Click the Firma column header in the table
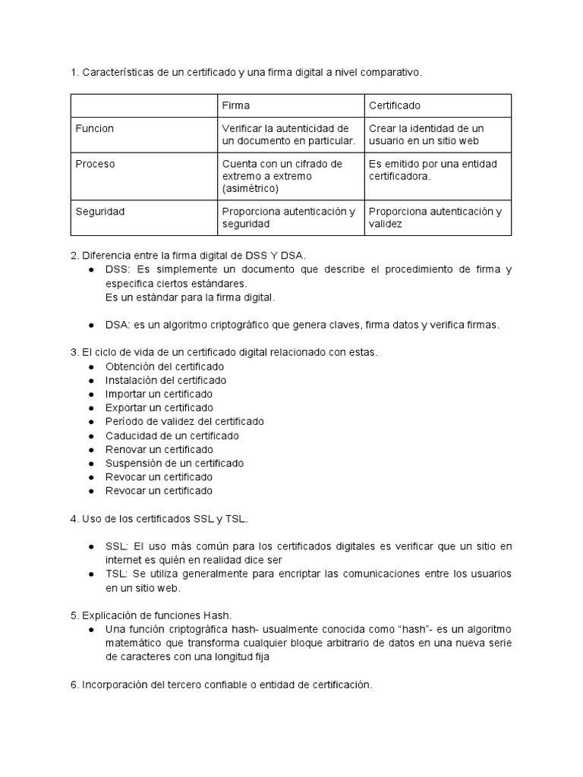point(235,105)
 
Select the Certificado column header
point(394,105)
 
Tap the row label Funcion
point(95,128)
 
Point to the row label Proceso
point(96,164)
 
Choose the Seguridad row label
point(99,212)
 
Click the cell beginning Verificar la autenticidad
point(288,134)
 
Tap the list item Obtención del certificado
point(159,366)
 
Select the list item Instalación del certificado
point(165,380)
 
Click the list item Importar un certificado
point(159,394)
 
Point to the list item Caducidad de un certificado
point(172,436)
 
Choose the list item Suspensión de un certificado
point(175,463)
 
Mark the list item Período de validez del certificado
point(184,422)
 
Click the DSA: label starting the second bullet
point(118,325)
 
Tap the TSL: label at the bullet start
point(118,574)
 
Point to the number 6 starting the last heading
point(74,685)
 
